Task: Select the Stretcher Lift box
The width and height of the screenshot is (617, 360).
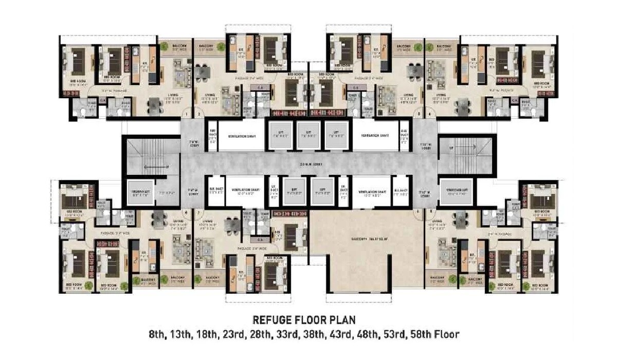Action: pos(456,192)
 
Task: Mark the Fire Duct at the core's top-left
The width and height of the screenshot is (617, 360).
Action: pos(213,136)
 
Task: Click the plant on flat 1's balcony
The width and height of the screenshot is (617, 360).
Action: pos(164,46)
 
